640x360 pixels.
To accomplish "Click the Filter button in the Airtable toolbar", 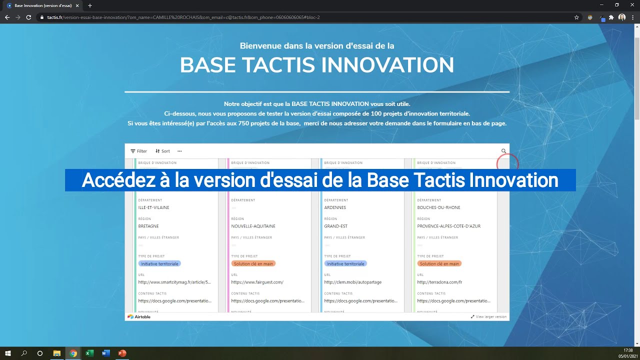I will point(138,151).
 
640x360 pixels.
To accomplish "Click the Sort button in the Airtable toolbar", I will point(162,151).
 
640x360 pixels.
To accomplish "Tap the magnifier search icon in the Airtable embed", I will point(503,151).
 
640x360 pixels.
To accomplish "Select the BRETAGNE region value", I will point(148,226).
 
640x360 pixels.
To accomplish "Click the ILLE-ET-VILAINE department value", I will point(153,207).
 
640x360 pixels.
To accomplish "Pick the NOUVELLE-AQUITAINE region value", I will point(253,226).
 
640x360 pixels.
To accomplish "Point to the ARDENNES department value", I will point(335,207).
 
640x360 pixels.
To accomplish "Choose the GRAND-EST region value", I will point(335,226).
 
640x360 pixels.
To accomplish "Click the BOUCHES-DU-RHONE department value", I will point(438,207).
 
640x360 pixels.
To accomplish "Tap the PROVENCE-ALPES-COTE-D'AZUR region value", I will point(448,226).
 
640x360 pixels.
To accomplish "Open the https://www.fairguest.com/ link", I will point(257,282).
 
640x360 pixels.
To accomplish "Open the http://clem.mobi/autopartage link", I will point(352,282).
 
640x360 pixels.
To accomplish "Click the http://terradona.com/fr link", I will point(439,282).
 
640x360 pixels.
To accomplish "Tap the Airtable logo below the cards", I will point(139,316).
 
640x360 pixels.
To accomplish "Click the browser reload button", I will point(28,17).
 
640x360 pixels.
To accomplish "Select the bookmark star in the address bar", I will point(576,17).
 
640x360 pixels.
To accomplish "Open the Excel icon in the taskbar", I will point(89,353).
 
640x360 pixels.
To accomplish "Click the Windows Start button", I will point(8,353).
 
